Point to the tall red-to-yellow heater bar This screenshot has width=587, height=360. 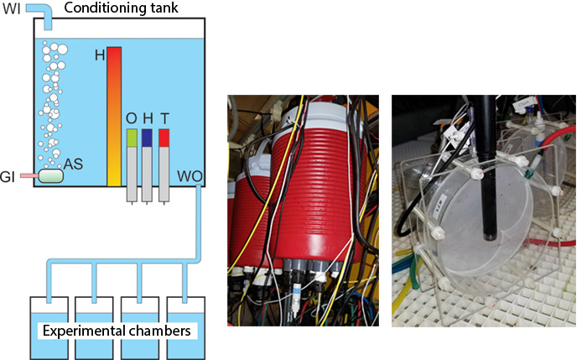pos(114,117)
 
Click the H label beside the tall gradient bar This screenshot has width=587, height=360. pos(100,55)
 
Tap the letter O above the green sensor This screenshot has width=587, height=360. pos(130,117)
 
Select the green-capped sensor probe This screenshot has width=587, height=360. pos(132,164)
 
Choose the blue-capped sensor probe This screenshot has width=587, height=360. pos(148,164)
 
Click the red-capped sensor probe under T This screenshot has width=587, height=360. pos(164,164)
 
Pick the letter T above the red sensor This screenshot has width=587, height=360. pos(164,117)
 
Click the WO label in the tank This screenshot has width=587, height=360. pos(190,176)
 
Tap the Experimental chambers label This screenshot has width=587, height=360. pos(116,329)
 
